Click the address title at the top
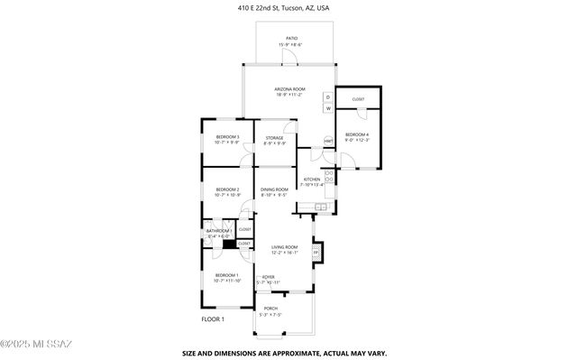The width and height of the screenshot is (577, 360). tap(288, 7)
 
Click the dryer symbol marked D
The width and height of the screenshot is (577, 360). tap(328, 97)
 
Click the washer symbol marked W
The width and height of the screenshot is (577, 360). tap(328, 108)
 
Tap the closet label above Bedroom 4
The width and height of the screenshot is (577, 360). tap(358, 98)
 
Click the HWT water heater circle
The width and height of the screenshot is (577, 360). tap(328, 141)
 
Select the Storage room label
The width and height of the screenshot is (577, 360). tap(274, 140)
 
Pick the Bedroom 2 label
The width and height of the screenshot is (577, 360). tap(227, 191)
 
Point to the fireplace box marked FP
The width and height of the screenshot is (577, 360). tap(316, 252)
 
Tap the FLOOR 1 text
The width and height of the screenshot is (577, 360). tap(212, 318)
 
